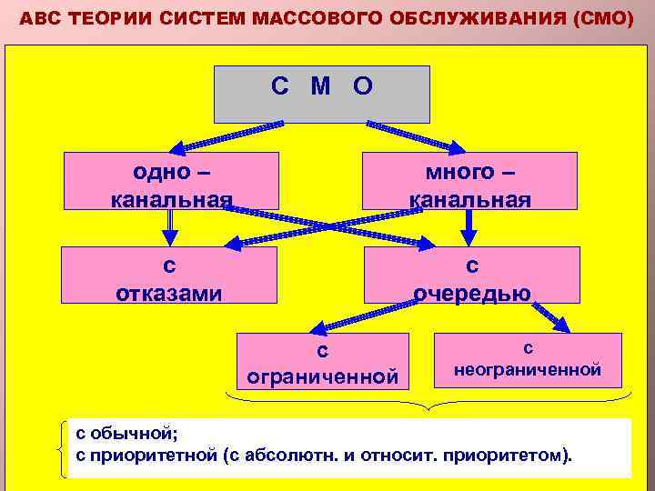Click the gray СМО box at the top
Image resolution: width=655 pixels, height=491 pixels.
coord(321,94)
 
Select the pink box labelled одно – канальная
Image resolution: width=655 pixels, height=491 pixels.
coord(171,181)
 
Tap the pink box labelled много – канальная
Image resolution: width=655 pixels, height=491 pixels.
coord(469,181)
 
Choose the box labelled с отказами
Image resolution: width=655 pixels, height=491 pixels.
coord(169,275)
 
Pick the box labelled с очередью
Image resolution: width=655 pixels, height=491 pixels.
coord(471,275)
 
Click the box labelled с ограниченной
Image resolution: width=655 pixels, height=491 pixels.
coord(322,360)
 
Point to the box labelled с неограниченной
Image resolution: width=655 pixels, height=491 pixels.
coord(528,360)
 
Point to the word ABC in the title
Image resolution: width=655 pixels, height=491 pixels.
coord(37,18)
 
